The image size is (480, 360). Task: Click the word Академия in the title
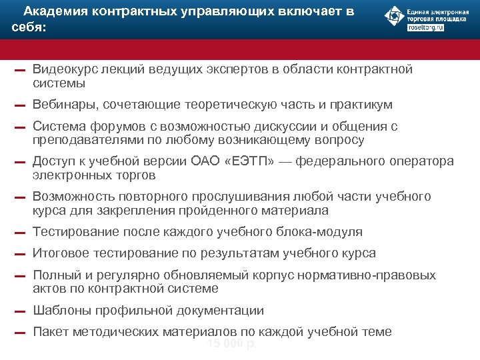tap(54, 11)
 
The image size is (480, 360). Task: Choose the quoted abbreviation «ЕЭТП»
tap(251, 161)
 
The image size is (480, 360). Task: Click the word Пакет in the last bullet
tap(50, 331)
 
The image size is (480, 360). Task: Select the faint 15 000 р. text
tap(231, 344)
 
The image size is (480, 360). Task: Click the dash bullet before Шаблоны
tap(20, 311)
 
